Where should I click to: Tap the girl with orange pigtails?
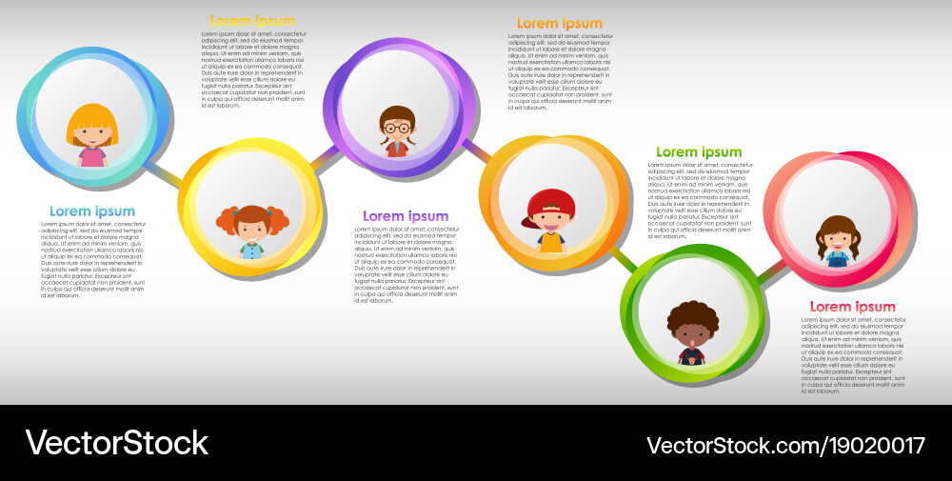tap(252, 230)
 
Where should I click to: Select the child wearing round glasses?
tap(397, 130)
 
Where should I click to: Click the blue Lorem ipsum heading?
tap(92, 211)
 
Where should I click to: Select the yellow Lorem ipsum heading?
tap(252, 21)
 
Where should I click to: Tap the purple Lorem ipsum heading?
tap(406, 216)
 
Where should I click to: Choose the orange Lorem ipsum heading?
tap(560, 24)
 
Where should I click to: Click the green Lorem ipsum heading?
tap(699, 152)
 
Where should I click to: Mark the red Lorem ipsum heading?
tap(852, 307)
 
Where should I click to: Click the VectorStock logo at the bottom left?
tap(116, 443)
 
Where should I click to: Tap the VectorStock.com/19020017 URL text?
tap(785, 445)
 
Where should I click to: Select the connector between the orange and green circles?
tap(625, 258)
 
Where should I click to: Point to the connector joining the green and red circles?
tap(774, 272)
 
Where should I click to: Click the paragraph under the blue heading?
tap(92, 260)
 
